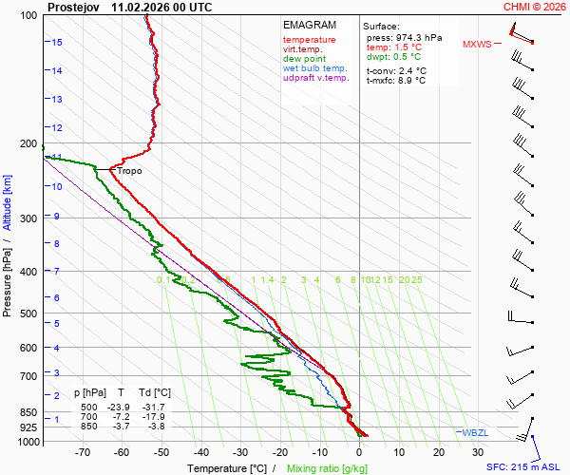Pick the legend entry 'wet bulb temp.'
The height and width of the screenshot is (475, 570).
pos(314,68)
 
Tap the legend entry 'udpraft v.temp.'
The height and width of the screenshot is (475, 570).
pos(316,78)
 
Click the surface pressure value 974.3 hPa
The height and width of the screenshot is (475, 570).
pos(418,37)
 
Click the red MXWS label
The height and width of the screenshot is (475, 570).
pos(478,44)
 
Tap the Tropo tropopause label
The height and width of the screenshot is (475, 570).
pos(130,172)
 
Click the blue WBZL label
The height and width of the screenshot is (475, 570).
pos(474,432)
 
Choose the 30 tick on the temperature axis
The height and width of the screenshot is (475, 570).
pos(478,453)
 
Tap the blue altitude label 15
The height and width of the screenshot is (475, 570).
pos(57,43)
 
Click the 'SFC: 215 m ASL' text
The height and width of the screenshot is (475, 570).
pos(524,467)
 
